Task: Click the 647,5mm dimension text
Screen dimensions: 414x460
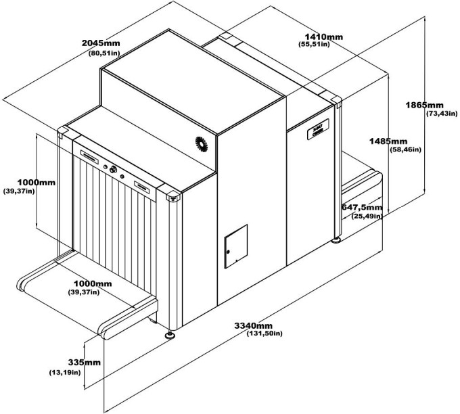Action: tap(362, 207)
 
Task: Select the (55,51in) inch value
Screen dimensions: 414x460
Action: tap(314, 44)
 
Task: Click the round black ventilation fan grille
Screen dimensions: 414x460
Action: tap(201, 143)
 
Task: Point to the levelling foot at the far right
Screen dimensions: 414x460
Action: tap(336, 238)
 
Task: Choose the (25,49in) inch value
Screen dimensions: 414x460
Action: tap(366, 216)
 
